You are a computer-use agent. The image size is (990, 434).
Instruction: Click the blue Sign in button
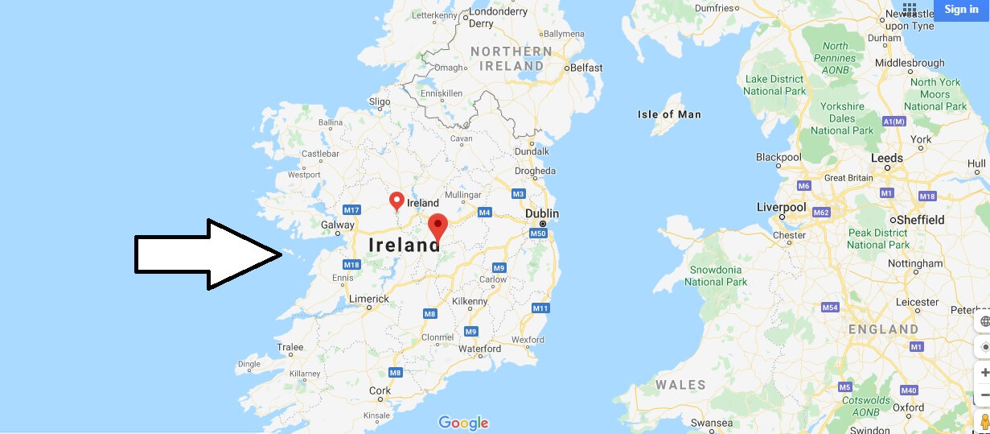(961, 10)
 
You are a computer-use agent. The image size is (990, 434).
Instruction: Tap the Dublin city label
(541, 213)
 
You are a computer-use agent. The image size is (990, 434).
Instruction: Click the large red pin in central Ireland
(437, 226)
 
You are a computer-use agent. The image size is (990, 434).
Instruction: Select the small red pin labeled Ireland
(396, 200)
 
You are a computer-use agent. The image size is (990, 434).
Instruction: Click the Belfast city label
(585, 68)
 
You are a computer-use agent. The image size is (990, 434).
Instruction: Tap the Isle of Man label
(668, 114)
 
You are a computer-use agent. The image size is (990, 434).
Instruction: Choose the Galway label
(338, 225)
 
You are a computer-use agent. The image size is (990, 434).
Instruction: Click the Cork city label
(380, 391)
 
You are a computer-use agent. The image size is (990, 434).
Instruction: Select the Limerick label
(369, 299)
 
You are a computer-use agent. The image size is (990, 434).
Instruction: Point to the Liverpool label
(781, 207)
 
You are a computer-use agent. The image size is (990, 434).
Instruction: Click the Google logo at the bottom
(463, 423)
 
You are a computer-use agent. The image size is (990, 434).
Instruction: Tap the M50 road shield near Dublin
(538, 234)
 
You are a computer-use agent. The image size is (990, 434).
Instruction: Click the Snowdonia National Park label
(716, 275)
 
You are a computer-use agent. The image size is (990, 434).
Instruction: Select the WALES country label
(680, 385)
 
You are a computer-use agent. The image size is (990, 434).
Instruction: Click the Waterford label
(479, 349)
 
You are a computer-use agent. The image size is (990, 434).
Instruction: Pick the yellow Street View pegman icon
(984, 422)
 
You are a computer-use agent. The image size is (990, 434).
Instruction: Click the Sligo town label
(379, 101)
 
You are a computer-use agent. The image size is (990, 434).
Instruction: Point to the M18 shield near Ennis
(351, 265)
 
